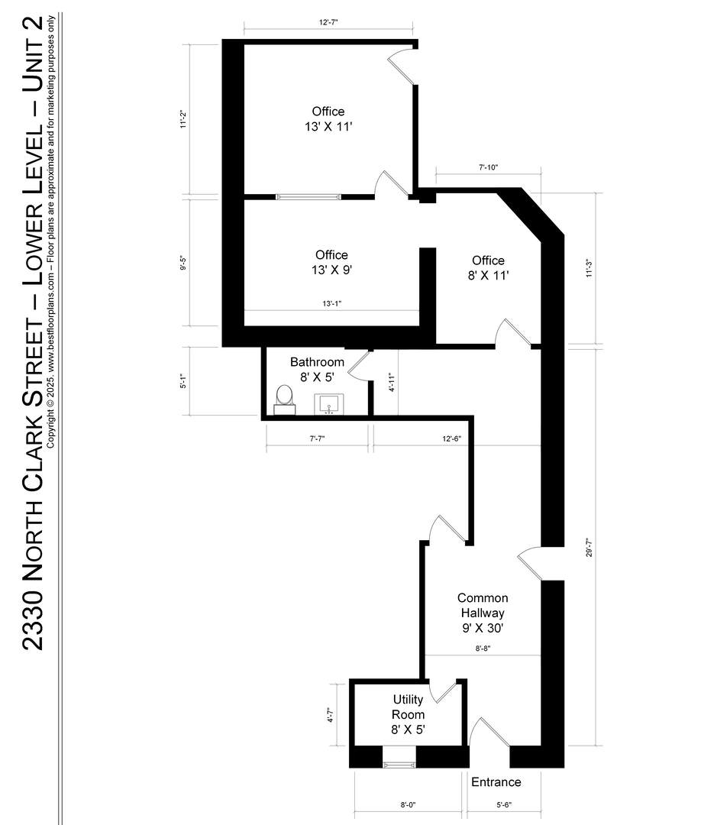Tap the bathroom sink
coord(329,404)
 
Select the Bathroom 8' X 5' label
coord(317,370)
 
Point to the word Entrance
coord(496,782)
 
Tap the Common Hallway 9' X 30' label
coord(483,613)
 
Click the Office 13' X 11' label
coord(328,119)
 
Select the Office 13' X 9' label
coord(331,262)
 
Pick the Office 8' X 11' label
coord(488,268)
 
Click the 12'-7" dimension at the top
coord(328,22)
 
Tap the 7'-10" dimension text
coord(488,168)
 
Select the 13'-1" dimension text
coord(332,303)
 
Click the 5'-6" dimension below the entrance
coord(504,804)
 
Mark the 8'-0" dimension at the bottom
coord(408,804)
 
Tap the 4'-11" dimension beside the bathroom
coord(391,383)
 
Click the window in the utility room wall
coord(399,765)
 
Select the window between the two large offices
coord(309,197)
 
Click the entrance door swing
coord(489,731)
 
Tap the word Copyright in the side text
coord(50,426)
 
